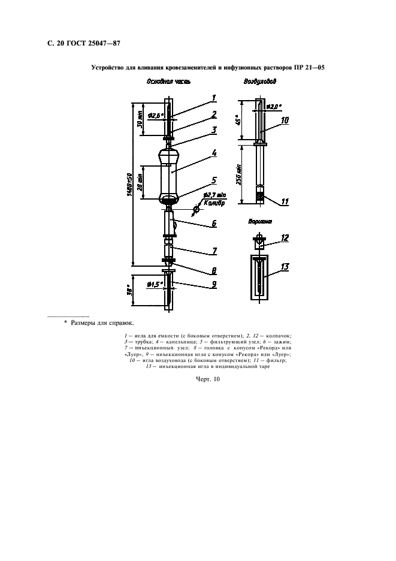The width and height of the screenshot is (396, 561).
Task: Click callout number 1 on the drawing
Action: pos(214,98)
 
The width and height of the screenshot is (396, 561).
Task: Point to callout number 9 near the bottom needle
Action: pos(214,285)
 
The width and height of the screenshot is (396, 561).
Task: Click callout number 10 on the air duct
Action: pos(285,120)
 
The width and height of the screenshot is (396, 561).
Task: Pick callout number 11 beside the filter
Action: pos(285,202)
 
